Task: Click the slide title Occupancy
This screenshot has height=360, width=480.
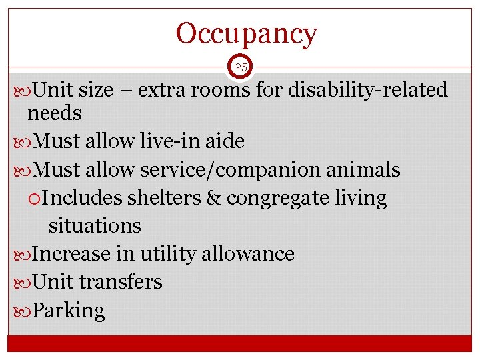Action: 247,33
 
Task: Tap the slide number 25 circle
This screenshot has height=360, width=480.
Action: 241,67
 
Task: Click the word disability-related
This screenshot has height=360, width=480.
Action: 367,89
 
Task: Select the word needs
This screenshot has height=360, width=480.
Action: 55,114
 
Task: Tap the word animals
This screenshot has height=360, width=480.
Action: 363,171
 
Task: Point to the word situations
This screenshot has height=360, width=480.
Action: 95,226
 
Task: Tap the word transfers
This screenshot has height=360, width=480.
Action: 121,282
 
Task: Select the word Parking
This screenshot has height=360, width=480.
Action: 69,311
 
